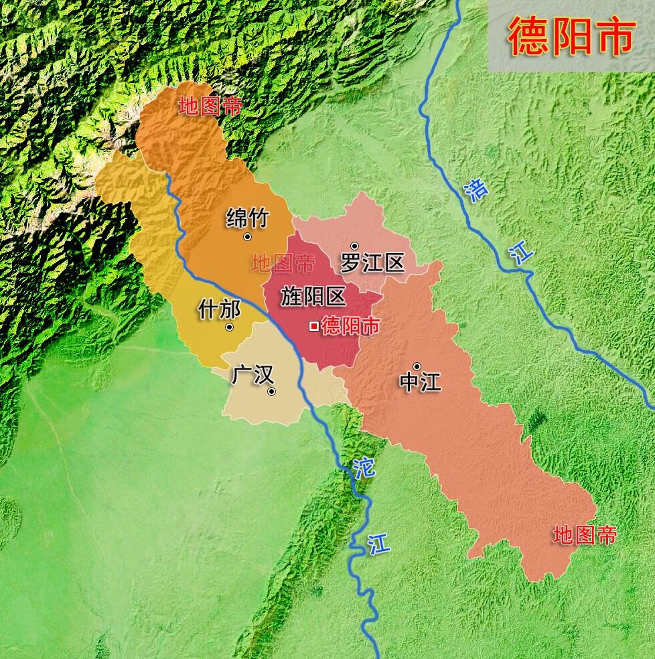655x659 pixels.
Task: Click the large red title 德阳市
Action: pos(571,36)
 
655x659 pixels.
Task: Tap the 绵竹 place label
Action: pos(248,218)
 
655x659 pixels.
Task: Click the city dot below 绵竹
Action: pos(248,236)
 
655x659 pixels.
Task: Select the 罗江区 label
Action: pos(372,263)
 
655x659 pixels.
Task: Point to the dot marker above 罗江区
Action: pos(354,246)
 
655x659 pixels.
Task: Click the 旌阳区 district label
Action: pos(313,296)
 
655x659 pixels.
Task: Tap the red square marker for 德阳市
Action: pos(313,326)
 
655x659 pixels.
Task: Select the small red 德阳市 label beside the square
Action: pos(350,326)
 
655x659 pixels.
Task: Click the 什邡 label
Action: pos(220,309)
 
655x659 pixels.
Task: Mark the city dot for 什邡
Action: pos(230,327)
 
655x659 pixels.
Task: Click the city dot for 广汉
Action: pos(271,391)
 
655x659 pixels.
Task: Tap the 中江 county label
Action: pos(420,382)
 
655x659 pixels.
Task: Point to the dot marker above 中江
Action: pos(417,366)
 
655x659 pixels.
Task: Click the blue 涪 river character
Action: pos(477,190)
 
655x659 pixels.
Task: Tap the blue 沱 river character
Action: pos(364,467)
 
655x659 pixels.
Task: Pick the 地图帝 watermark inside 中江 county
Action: pos(584,535)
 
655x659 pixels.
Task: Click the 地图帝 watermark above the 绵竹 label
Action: pos(210,106)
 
